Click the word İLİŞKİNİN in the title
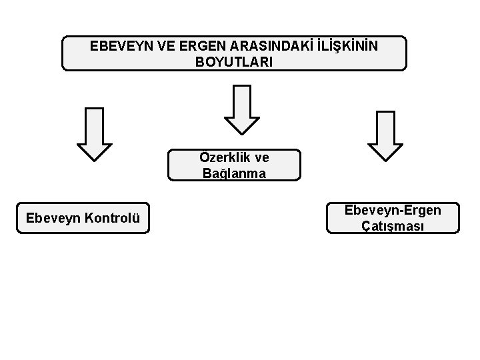[345, 47]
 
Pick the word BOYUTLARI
[234, 61]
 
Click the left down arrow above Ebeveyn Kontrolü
[95, 133]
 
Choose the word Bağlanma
[235, 173]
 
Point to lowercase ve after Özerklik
[262, 158]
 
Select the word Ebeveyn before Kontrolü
[54, 218]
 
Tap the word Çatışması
[393, 225]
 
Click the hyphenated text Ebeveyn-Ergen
[393, 211]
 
